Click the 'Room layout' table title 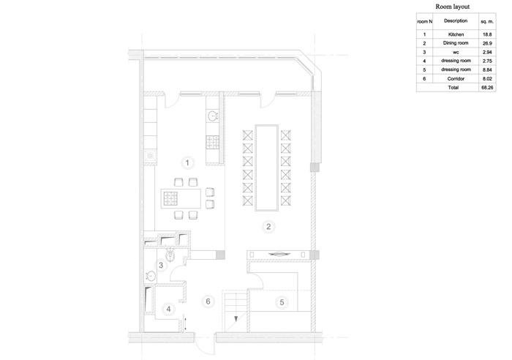click(452, 7)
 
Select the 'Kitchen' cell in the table click(456, 34)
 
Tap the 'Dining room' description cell click(456, 43)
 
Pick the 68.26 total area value click(487, 88)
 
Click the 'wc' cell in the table click(456, 52)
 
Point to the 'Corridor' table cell click(456, 79)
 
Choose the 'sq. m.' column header click(487, 21)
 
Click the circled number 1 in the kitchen click(187, 162)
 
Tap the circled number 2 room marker click(268, 226)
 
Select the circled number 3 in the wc click(161, 265)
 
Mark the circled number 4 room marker click(168, 309)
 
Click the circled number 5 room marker click(282, 302)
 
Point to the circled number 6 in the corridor click(208, 301)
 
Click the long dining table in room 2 click(267, 168)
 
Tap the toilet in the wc click(170, 255)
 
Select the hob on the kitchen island click(170, 198)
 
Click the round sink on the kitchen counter click(213, 116)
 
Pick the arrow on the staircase click(236, 318)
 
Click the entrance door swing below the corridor click(205, 347)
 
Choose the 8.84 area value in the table click(487, 70)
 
